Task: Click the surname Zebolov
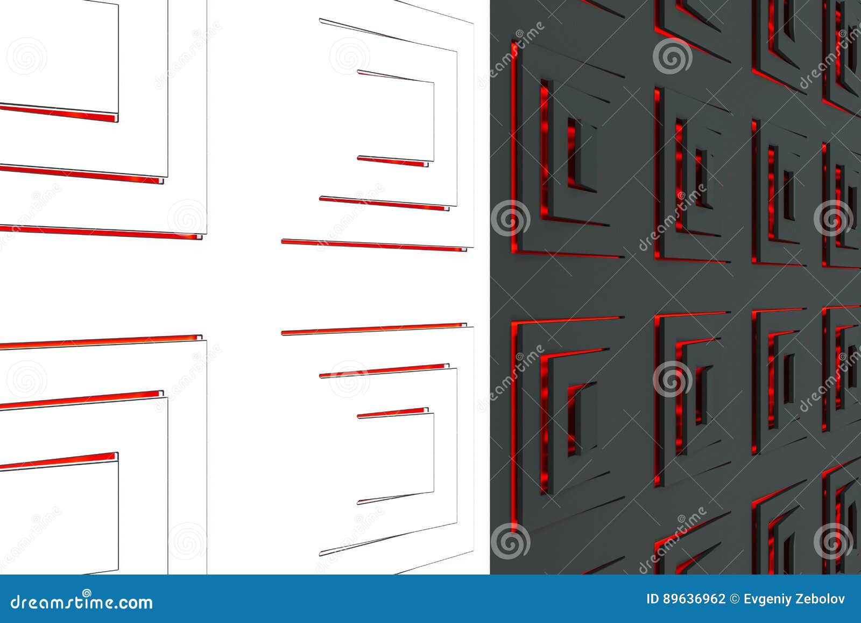823,599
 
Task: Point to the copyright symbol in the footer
735,599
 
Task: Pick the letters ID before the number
653,599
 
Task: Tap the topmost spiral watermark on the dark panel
673,55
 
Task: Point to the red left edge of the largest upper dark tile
514,151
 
